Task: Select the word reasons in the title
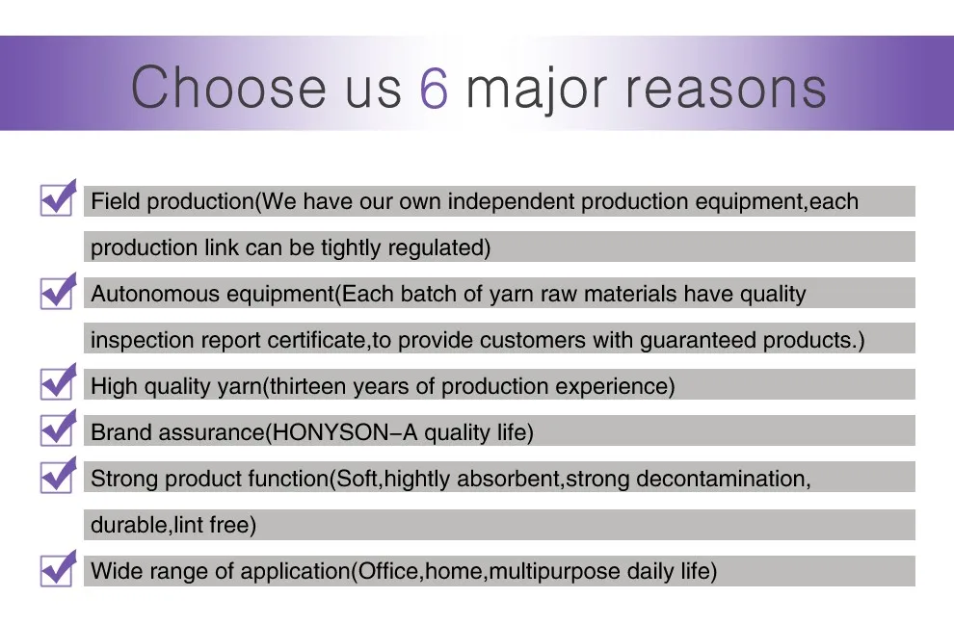tap(726, 90)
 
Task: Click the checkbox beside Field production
tap(58, 197)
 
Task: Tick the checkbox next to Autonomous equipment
tap(58, 291)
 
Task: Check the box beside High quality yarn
tap(58, 382)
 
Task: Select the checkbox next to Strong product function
tap(58, 475)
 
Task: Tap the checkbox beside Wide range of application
tap(58, 568)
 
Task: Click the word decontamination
tap(721, 479)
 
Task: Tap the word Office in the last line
tap(388, 571)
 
